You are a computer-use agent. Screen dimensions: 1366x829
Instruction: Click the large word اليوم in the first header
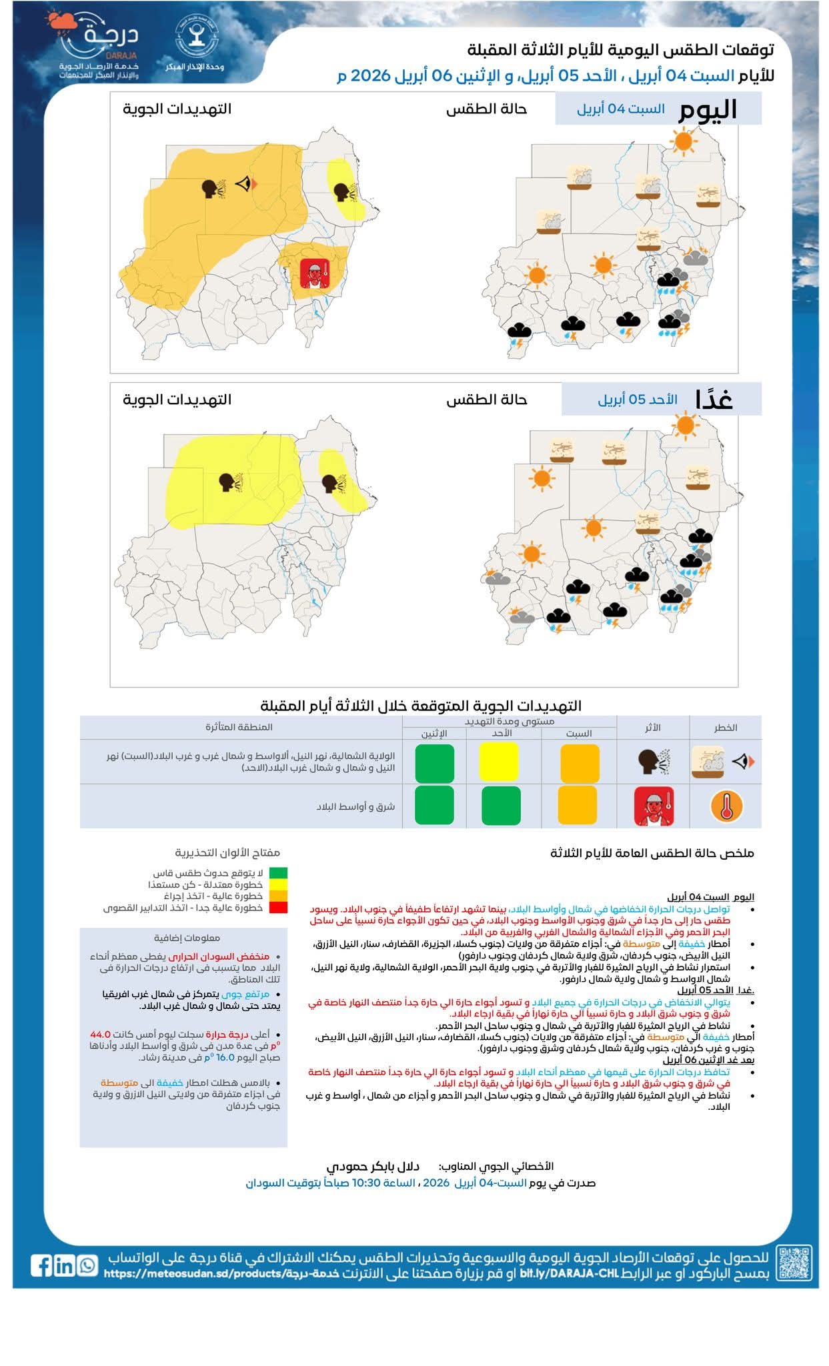tap(708, 110)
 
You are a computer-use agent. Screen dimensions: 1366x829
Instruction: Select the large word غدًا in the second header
tap(714, 400)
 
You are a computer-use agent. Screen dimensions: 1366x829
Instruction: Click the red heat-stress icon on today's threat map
tap(311, 273)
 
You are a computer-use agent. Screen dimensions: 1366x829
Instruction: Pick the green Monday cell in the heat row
tap(434, 805)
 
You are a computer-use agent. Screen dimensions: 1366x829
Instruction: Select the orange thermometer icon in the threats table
tap(726, 806)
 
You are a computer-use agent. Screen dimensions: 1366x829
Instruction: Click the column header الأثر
tap(652, 727)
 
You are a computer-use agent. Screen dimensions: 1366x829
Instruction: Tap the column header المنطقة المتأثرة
tap(239, 726)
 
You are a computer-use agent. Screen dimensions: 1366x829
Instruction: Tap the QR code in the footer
tap(794, 1263)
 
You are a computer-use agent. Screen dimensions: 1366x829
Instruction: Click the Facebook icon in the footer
tap(41, 1265)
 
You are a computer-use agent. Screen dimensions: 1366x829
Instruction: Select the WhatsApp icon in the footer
tap(87, 1265)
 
